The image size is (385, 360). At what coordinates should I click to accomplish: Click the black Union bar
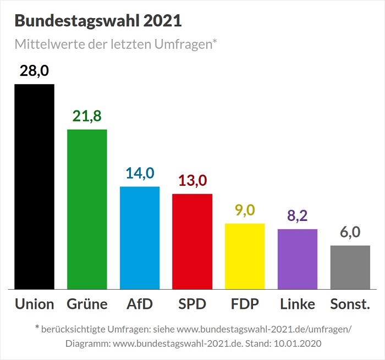(x=34, y=186)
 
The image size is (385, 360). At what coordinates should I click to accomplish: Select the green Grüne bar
(x=87, y=209)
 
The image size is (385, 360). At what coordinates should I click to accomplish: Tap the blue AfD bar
(x=140, y=237)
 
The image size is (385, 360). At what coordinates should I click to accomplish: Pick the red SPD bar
(x=192, y=241)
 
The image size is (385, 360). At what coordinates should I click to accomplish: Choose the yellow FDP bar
(x=245, y=256)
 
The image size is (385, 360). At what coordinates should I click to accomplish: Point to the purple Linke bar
(x=298, y=258)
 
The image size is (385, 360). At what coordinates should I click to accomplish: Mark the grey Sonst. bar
(x=350, y=267)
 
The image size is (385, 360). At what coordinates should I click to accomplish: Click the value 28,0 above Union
(x=34, y=71)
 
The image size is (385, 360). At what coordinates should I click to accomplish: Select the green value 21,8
(x=87, y=117)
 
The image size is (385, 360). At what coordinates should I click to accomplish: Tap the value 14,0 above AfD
(x=140, y=174)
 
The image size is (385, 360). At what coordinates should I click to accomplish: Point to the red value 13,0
(x=192, y=181)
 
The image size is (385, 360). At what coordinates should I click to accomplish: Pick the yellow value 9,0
(x=245, y=211)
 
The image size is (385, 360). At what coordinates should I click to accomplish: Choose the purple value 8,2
(x=298, y=216)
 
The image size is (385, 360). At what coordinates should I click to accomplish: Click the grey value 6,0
(x=350, y=232)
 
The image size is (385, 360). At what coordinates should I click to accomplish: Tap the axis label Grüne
(x=87, y=304)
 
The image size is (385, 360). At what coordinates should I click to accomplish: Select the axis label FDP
(x=245, y=304)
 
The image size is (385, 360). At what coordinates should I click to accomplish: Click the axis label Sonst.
(x=350, y=304)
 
